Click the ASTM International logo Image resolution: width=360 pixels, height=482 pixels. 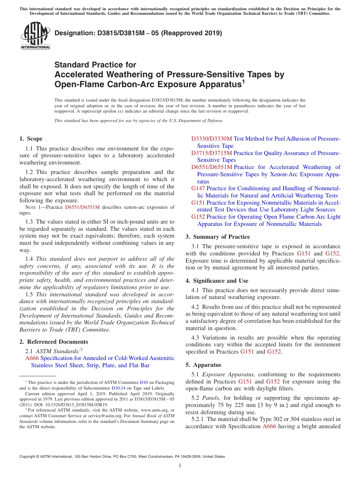[x=35, y=36]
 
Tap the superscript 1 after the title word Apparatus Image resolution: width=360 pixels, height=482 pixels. [x=243, y=81]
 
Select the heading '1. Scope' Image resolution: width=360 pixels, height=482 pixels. [x=31, y=139]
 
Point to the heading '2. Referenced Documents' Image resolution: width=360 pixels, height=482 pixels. [x=51, y=342]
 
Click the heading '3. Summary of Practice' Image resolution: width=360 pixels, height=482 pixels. [x=218, y=237]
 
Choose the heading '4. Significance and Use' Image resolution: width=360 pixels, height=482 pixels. [x=217, y=281]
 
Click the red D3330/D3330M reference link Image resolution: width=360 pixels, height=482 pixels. [x=212, y=139]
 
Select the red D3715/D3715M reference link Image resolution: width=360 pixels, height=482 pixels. [x=211, y=153]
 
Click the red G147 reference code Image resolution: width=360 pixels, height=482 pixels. [x=198, y=188]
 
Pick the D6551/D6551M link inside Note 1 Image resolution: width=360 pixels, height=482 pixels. [x=82, y=207]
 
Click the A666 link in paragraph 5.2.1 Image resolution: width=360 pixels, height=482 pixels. [x=269, y=426]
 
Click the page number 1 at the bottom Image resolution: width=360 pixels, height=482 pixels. [x=180, y=466]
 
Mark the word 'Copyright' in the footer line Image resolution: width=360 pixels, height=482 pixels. [x=28, y=457]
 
